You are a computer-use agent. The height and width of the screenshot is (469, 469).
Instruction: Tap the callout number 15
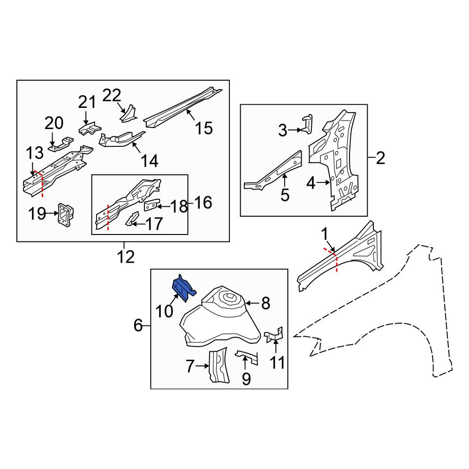(x=204, y=128)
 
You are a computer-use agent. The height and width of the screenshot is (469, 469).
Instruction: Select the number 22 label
(x=112, y=95)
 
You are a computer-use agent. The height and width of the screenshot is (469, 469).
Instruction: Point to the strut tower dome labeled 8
(x=220, y=317)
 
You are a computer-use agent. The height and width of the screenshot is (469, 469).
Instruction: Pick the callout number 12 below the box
(x=126, y=257)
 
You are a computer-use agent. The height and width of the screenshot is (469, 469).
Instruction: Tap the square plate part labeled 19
(x=66, y=213)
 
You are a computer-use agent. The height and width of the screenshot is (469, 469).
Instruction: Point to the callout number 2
(x=380, y=158)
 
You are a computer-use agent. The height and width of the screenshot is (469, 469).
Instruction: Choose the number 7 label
(x=190, y=366)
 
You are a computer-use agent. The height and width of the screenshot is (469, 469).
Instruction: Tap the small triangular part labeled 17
(x=132, y=219)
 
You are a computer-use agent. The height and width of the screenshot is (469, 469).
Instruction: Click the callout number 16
(x=203, y=203)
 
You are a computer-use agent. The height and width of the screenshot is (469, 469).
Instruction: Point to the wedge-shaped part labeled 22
(x=129, y=113)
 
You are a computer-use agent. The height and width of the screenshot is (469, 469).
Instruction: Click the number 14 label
(x=149, y=161)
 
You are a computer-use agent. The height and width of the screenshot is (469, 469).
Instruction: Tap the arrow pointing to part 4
(x=323, y=182)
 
